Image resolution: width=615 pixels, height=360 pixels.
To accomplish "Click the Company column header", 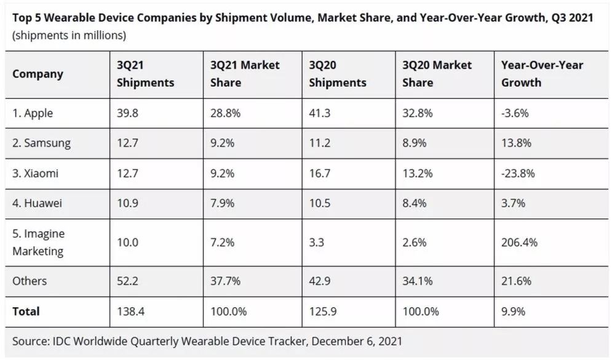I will coord(38,74).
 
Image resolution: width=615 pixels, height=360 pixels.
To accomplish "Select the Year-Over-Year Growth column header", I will coord(542,74).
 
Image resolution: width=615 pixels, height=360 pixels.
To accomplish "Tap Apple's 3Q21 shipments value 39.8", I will coord(128,113).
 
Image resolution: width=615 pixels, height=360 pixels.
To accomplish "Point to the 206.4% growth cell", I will coord(520,242).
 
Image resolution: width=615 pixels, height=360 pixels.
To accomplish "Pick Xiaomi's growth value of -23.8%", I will coord(518,174).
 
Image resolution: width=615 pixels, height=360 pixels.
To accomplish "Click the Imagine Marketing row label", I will coord(38,242).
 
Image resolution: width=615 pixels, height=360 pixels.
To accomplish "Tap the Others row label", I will coord(30,281).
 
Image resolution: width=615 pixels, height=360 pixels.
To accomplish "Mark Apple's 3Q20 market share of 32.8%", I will coord(418,113).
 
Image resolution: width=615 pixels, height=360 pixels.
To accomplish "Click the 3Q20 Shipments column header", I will coord(338,74).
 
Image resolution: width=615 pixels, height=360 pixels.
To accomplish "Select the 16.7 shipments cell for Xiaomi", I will coord(319,174).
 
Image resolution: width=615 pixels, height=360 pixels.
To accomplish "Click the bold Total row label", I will coord(26,312).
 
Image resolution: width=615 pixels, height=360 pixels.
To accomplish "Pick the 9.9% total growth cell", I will coord(513,312).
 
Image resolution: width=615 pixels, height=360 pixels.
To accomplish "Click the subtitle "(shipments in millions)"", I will coord(69,35).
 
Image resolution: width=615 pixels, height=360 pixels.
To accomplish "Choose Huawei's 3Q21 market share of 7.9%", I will coord(222,203).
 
